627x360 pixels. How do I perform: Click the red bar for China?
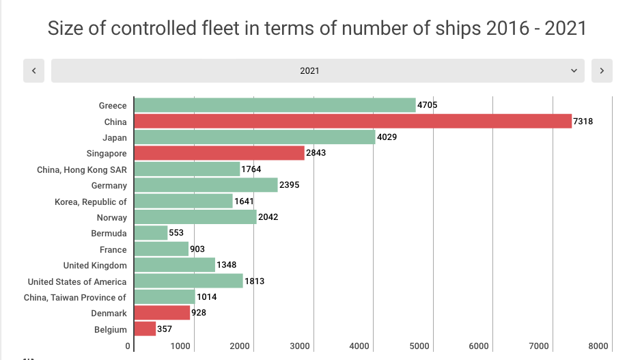(x=352, y=121)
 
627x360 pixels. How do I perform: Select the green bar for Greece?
(x=275, y=105)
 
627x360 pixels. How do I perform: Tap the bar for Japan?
(x=255, y=137)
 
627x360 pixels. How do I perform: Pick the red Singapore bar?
(x=219, y=153)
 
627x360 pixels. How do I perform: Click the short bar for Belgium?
(x=145, y=329)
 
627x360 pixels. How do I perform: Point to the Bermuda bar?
(x=151, y=233)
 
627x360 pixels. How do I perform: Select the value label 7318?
(x=583, y=121)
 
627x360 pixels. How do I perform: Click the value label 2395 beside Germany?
(x=290, y=185)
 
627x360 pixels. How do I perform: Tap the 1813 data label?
(x=254, y=281)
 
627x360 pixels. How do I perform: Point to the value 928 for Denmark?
(x=199, y=313)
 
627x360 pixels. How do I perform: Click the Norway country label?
(x=112, y=217)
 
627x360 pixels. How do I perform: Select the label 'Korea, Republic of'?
(x=91, y=202)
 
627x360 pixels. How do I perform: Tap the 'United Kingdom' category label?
(x=95, y=265)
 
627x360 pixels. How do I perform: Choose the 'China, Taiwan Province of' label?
(x=75, y=297)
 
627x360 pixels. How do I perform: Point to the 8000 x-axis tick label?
(x=598, y=346)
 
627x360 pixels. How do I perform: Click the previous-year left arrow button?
(x=33, y=70)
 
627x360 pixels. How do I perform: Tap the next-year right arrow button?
(x=602, y=70)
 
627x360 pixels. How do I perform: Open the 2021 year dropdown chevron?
(x=574, y=70)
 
